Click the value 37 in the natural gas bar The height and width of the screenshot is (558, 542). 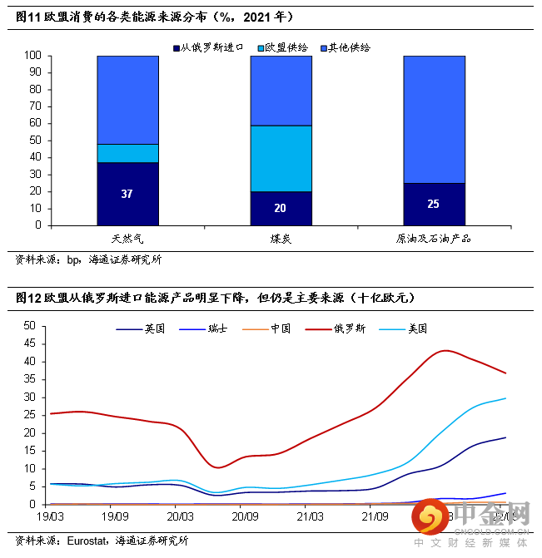coord(127,194)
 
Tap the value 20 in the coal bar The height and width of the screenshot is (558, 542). coord(281,208)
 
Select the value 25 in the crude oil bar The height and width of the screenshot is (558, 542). coord(434,204)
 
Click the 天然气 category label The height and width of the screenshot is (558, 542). coord(127,239)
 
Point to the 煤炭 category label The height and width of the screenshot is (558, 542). coord(281,239)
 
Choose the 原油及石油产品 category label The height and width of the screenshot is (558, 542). coord(434,239)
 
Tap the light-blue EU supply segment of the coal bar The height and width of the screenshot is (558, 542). coord(281,158)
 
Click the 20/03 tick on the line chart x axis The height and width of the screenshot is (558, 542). coord(180,516)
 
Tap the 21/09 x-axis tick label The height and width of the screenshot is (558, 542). coord(375,516)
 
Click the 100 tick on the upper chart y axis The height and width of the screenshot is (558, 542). coord(32,56)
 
